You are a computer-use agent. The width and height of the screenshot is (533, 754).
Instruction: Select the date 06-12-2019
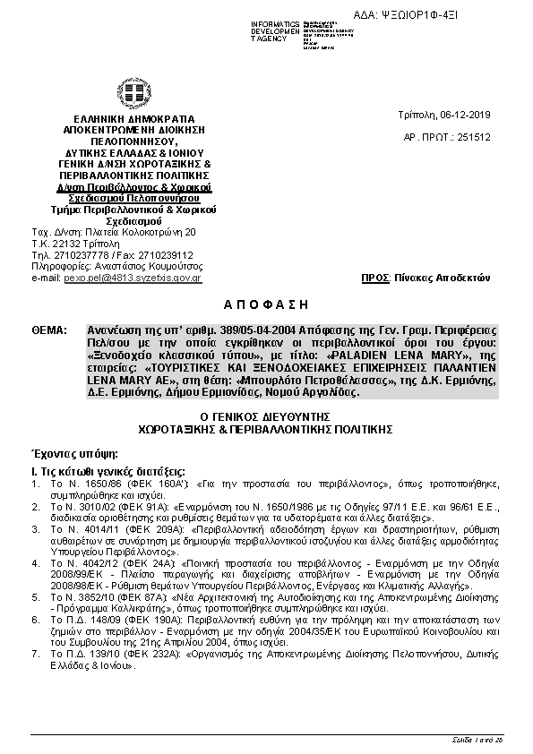tap(466, 116)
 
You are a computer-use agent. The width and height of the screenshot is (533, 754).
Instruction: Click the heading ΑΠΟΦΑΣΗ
tap(265, 304)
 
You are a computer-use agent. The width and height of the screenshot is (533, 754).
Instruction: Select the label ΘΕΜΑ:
tap(48, 330)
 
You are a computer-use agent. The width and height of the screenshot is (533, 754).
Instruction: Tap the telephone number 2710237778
tap(77, 255)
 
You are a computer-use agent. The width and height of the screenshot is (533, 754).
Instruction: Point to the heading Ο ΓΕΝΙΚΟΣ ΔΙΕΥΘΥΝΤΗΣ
tap(265, 416)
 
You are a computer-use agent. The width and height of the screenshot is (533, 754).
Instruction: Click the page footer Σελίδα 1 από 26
tap(477, 739)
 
